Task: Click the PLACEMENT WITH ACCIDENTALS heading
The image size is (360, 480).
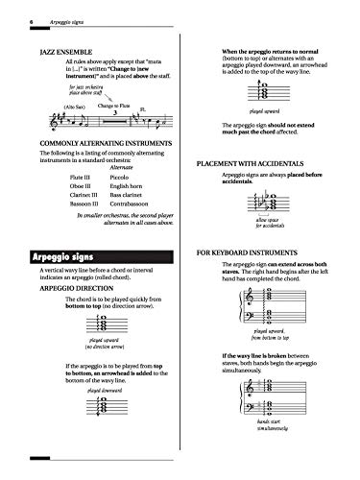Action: [x=266, y=165]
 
